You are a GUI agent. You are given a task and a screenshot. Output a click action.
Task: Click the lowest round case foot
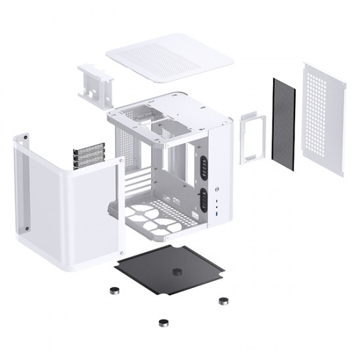161,322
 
